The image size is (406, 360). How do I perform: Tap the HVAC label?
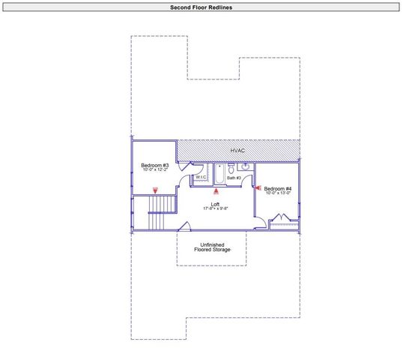click(237, 151)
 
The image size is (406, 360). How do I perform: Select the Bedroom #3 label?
click(155, 165)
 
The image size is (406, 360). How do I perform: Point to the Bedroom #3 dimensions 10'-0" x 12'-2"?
click(155, 170)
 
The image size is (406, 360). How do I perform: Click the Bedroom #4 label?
click(278, 188)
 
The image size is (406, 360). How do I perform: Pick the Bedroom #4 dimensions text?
click(278, 193)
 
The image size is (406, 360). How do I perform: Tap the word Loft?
click(214, 203)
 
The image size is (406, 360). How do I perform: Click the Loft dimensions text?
click(214, 208)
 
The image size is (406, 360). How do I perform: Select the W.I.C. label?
click(201, 178)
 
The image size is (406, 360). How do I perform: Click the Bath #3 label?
click(233, 178)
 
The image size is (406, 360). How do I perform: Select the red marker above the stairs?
click(155, 191)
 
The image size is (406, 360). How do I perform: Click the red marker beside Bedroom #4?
click(257, 188)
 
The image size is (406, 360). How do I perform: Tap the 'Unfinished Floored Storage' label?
click(211, 247)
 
